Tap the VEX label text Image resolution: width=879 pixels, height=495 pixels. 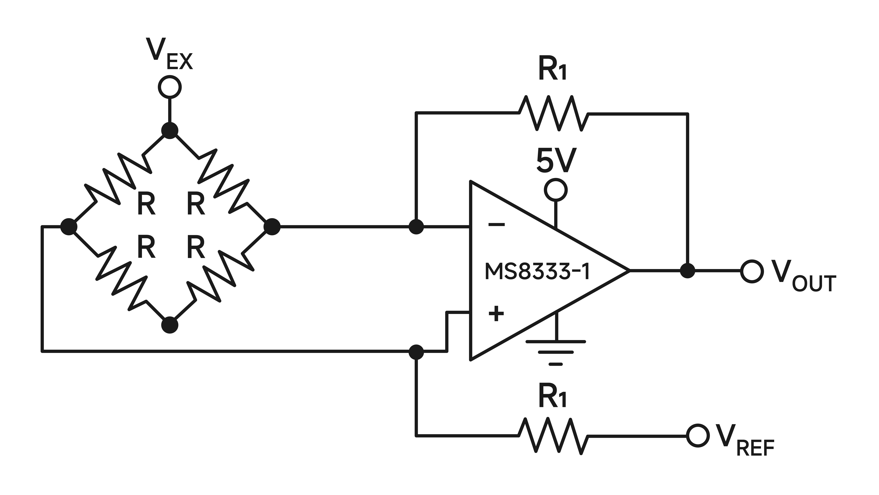(x=169, y=55)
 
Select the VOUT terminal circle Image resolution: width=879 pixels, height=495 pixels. (x=752, y=271)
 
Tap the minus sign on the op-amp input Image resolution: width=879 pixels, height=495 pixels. (x=496, y=224)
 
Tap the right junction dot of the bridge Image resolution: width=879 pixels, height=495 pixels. (x=272, y=227)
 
